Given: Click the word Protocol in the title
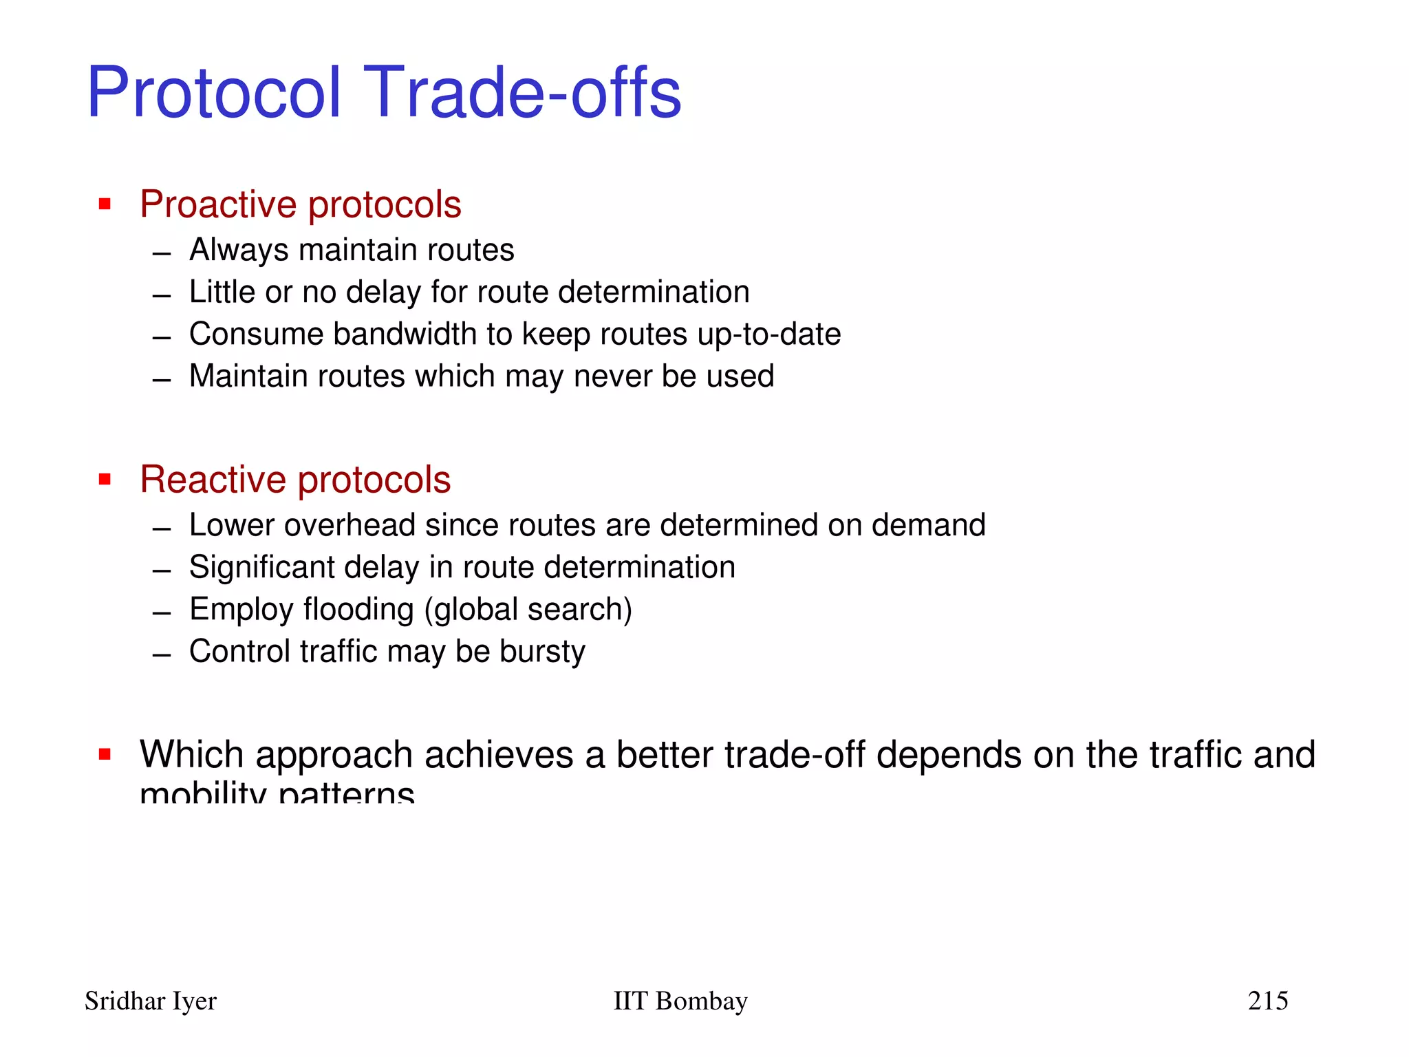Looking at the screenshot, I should coord(214,92).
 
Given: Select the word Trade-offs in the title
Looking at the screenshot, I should coord(526,92).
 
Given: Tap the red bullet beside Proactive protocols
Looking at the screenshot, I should coord(105,204).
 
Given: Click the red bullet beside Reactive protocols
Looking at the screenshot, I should coord(105,479).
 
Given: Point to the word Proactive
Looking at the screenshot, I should coord(219,205).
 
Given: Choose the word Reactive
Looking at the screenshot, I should coord(213,480).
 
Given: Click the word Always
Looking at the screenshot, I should coord(238,250).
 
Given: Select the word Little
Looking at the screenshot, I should coord(222,292).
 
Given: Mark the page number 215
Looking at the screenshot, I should coord(1268,1001).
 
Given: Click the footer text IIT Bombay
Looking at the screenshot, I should coord(680,1001).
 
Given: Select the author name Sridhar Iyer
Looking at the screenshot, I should coord(151,1001).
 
